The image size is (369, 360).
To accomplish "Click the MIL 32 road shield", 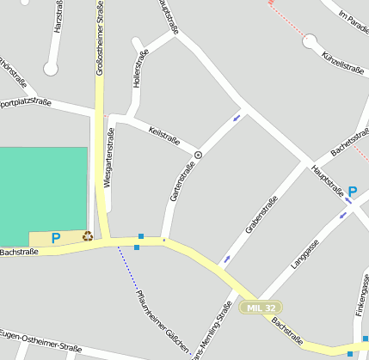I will (261, 307).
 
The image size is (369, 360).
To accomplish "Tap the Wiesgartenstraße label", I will (108, 159).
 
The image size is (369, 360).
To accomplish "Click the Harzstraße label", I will (58, 16).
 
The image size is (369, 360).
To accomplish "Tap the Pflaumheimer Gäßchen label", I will (163, 322).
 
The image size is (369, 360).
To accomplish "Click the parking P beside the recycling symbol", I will (56, 238).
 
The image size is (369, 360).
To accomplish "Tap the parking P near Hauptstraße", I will (352, 192).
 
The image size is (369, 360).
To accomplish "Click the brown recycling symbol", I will (87, 235).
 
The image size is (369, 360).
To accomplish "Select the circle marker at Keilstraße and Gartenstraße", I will (198, 155).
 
